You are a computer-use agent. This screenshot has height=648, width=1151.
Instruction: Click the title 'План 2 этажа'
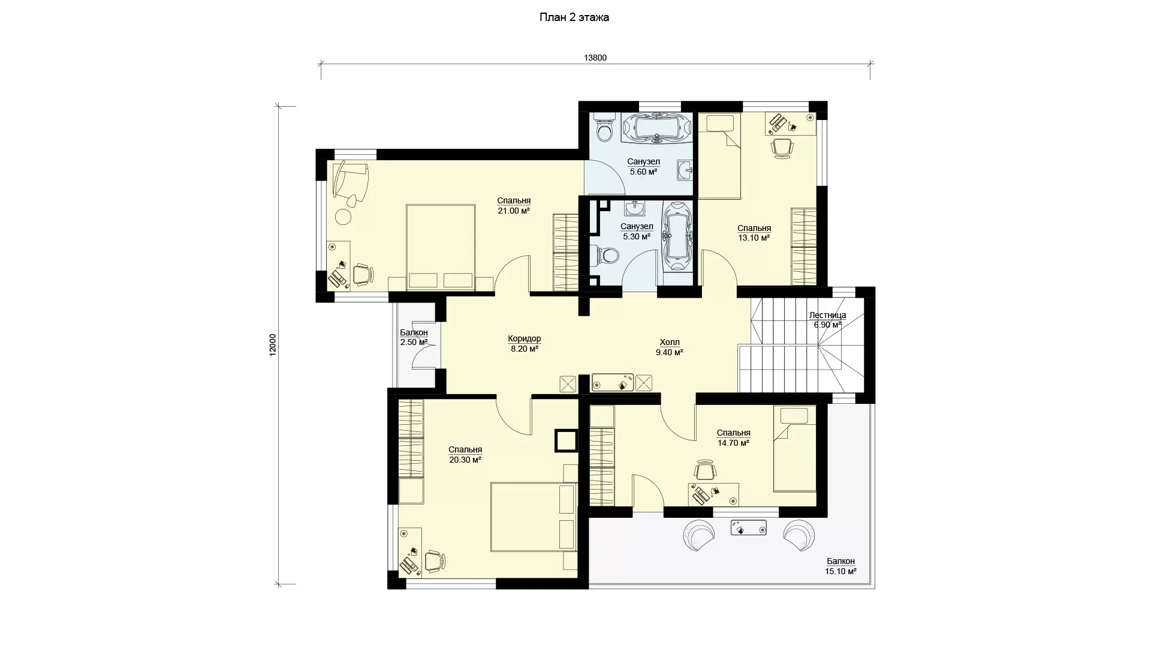point(574,17)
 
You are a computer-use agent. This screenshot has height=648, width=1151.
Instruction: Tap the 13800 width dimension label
point(595,58)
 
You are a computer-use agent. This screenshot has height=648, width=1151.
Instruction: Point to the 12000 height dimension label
point(273,345)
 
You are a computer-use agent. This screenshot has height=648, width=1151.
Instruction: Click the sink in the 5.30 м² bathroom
point(635,209)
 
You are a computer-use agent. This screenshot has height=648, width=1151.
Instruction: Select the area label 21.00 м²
point(514,211)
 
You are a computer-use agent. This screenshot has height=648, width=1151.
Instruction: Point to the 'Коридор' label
point(524,338)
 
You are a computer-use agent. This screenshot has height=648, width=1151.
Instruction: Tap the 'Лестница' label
point(827,315)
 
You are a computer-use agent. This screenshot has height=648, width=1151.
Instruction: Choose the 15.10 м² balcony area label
point(840,571)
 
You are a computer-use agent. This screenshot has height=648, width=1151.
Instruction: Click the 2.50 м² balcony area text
point(414,343)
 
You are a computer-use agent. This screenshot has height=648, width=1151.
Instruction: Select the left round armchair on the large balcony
point(700,535)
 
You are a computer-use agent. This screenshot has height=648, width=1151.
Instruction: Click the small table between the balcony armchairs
point(748,527)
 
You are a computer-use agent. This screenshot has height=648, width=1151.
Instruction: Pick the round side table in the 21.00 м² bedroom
point(343,216)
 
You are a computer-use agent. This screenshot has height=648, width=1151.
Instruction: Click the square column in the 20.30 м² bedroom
point(566,440)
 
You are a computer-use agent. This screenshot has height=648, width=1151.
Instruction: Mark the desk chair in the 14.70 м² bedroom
point(705,470)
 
